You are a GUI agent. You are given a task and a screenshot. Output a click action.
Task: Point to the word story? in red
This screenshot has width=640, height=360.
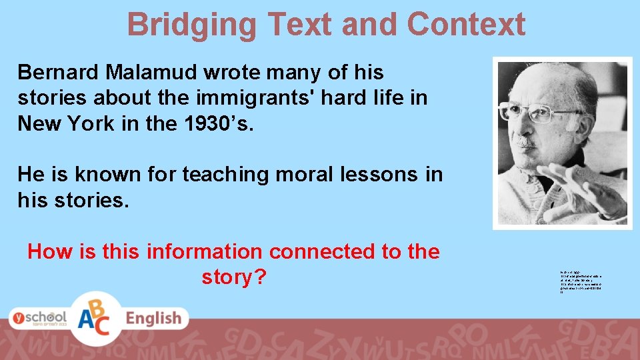coord(233,277)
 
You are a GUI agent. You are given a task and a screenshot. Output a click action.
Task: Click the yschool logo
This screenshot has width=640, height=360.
coord(38,317)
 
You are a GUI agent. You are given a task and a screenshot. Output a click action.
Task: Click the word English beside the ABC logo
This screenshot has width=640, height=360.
coord(153,319)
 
